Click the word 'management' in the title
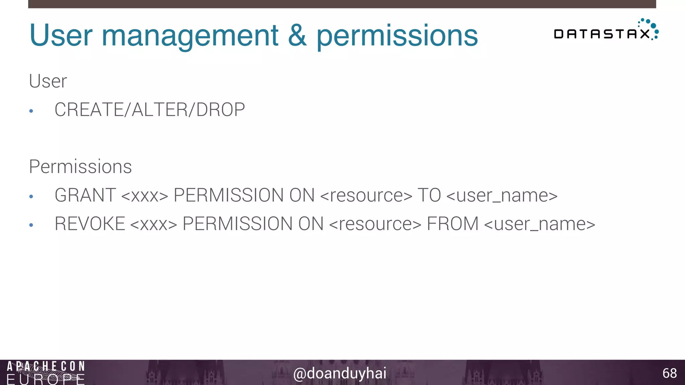click(x=190, y=36)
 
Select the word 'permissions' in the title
click(x=397, y=36)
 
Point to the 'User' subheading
click(x=48, y=81)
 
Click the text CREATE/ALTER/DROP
click(x=150, y=110)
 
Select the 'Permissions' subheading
click(x=80, y=166)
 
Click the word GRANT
click(x=85, y=195)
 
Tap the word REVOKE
click(x=90, y=224)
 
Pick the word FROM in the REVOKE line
click(x=453, y=224)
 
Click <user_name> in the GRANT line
click(x=502, y=196)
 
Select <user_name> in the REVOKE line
click(x=540, y=224)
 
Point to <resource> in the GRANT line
click(x=366, y=196)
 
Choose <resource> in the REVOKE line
click(x=375, y=224)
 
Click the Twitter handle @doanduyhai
click(x=339, y=373)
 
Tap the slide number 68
click(x=669, y=373)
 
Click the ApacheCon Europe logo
click(x=46, y=373)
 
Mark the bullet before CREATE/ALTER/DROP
click(x=31, y=111)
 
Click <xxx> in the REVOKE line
click(x=154, y=224)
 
